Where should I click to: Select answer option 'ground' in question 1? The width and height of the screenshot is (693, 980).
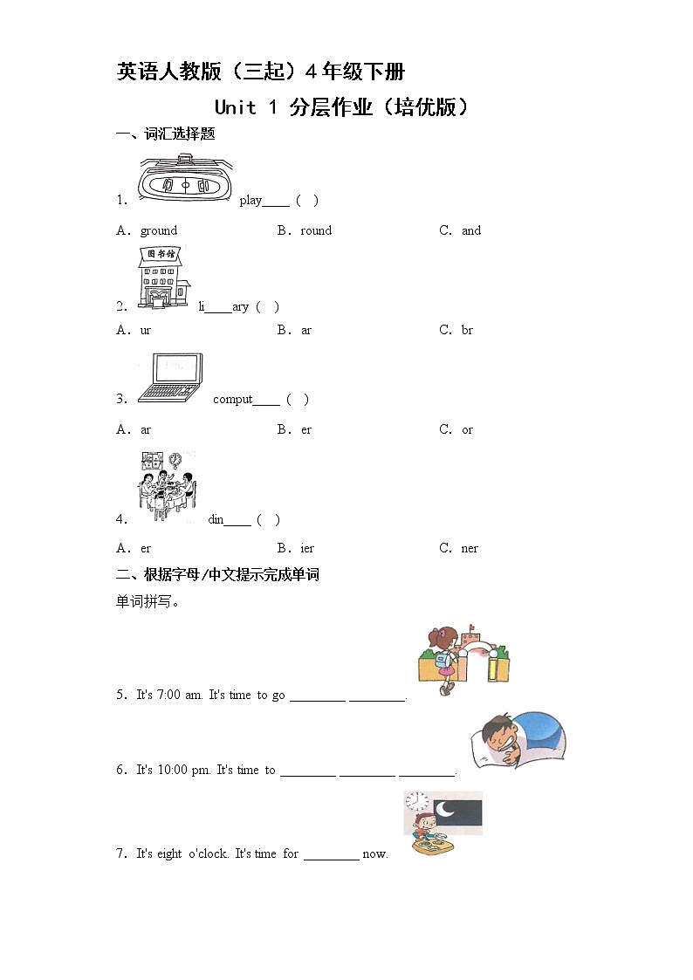pyautogui.click(x=158, y=230)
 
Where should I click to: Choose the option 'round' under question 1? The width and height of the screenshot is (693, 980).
pyautogui.click(x=315, y=230)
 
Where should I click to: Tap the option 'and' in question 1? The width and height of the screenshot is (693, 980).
pyautogui.click(x=470, y=230)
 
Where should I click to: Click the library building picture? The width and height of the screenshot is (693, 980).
pyautogui.click(x=162, y=277)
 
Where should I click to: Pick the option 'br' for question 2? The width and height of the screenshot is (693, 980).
pyautogui.click(x=467, y=330)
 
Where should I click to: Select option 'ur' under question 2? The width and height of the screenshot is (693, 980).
pyautogui.click(x=145, y=330)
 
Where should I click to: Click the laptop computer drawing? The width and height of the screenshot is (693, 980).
pyautogui.click(x=170, y=378)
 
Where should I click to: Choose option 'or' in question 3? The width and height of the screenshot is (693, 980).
pyautogui.click(x=467, y=429)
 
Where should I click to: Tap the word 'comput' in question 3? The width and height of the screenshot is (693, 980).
pyautogui.click(x=232, y=400)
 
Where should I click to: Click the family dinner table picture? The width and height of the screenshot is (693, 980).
pyautogui.click(x=167, y=485)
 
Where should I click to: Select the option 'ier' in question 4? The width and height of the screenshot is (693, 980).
pyautogui.click(x=306, y=548)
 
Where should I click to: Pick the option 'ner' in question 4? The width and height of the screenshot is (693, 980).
pyautogui.click(x=470, y=548)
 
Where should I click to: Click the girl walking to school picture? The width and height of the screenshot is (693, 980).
pyautogui.click(x=463, y=659)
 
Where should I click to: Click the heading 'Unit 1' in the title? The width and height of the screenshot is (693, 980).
pyautogui.click(x=246, y=107)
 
